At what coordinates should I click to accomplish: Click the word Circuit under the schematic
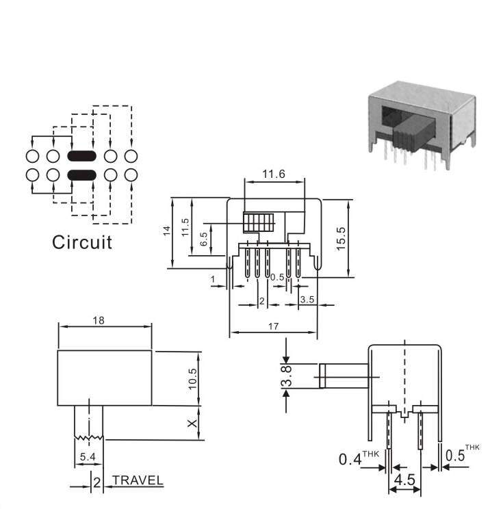(x=82, y=242)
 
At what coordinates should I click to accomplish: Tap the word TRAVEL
(x=138, y=480)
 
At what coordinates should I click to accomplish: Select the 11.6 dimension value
(x=274, y=174)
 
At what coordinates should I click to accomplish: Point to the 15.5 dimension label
(x=341, y=239)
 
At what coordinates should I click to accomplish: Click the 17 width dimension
(x=273, y=326)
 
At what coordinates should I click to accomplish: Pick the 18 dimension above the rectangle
(x=99, y=320)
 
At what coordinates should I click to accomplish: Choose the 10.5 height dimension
(x=192, y=379)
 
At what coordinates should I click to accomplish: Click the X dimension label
(x=192, y=423)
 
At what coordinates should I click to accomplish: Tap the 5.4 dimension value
(x=88, y=457)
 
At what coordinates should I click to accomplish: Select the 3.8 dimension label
(x=287, y=376)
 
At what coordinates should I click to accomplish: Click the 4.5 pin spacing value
(x=404, y=480)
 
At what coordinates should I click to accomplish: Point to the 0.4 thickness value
(x=350, y=459)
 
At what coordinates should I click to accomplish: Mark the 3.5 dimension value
(x=307, y=299)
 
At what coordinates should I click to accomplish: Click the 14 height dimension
(x=166, y=231)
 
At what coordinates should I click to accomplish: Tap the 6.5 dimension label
(x=204, y=239)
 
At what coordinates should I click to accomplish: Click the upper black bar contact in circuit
(x=82, y=156)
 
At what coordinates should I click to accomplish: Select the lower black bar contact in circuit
(x=82, y=175)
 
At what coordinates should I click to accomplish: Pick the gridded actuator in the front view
(x=259, y=222)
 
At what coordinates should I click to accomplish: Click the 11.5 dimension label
(x=185, y=227)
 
